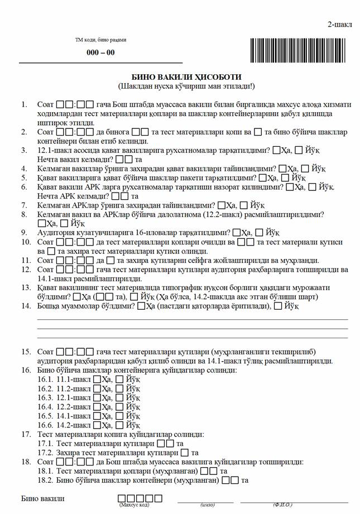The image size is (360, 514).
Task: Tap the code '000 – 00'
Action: click(100, 52)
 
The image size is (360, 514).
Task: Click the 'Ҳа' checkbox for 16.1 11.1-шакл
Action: click(97, 380)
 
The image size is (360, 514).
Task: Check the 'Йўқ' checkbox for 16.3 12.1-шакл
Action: click(119, 398)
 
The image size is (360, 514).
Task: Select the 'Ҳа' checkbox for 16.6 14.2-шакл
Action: click(97, 425)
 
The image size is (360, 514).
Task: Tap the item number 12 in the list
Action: click(26, 270)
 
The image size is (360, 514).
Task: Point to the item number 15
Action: click(26, 352)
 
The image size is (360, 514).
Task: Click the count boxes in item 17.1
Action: click(166, 444)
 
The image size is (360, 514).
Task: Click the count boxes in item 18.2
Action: click(234, 480)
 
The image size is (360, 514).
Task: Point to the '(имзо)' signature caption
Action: click(207, 505)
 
